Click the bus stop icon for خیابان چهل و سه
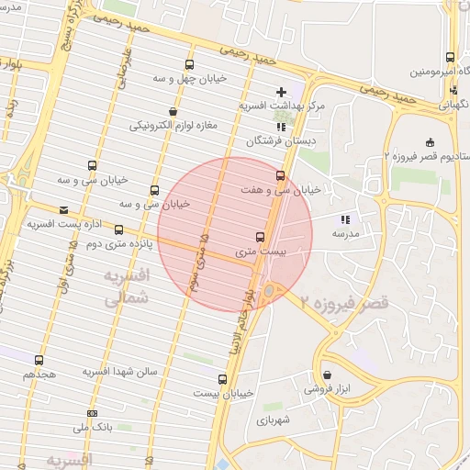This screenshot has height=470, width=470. [x=189, y=64]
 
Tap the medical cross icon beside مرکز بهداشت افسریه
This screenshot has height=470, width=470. [x=281, y=91]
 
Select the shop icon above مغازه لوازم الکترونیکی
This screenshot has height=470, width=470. [x=173, y=111]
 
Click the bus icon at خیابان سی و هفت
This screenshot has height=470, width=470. [x=280, y=174]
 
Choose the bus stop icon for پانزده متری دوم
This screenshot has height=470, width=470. [x=119, y=229]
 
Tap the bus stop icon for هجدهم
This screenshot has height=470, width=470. [x=39, y=360]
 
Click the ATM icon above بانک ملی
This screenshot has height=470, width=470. [x=91, y=413]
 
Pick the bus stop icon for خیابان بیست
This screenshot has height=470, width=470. [x=222, y=378]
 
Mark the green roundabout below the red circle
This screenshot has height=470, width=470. [x=269, y=292]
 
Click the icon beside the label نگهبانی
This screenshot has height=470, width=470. [x=454, y=90]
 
